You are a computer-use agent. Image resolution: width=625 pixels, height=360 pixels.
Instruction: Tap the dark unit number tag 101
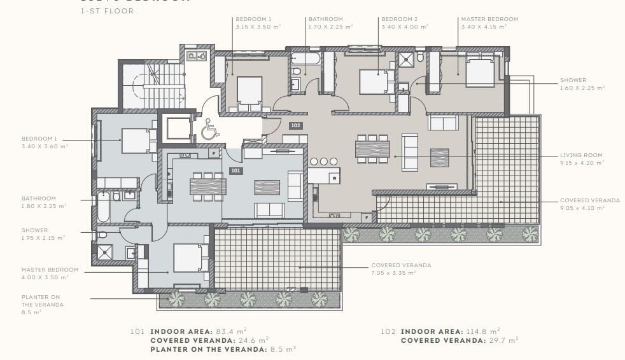[x=235, y=170]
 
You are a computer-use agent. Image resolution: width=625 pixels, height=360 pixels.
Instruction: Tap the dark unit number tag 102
[x=295, y=125]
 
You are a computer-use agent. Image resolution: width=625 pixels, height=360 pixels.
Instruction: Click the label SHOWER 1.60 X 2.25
[x=582, y=84]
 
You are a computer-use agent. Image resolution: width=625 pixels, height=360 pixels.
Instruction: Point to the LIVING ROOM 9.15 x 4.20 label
[x=580, y=158]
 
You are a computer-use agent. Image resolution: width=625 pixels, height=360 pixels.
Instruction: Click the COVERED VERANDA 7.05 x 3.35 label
[x=401, y=268]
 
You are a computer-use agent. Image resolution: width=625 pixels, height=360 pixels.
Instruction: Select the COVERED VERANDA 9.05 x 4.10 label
[x=589, y=204]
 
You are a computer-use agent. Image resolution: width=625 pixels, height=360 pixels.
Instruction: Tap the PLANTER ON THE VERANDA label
[x=42, y=304]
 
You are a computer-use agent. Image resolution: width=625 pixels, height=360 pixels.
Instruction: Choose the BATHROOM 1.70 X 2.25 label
[x=330, y=23]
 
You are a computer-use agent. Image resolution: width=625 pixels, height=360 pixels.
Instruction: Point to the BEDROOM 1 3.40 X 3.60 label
[x=44, y=142]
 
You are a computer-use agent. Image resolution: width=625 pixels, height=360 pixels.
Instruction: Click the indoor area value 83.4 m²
[x=233, y=331]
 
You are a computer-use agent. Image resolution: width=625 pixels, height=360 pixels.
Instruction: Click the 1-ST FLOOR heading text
[x=107, y=11]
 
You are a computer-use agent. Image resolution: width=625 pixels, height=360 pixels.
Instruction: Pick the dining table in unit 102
[x=372, y=149]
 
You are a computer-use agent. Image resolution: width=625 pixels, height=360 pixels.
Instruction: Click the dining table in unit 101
[x=207, y=186]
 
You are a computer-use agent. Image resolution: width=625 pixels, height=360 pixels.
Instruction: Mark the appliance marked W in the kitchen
[x=334, y=179]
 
